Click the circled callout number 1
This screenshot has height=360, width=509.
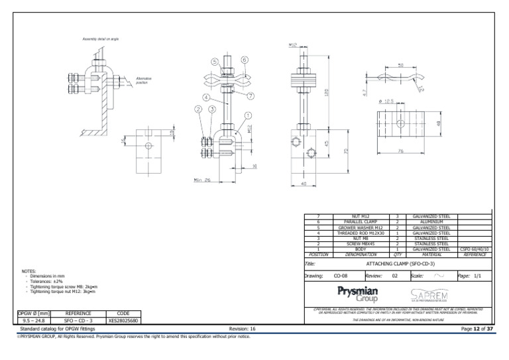pos(248,114)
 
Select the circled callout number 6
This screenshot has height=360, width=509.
pos(245,60)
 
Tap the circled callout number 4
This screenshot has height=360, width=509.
pos(206,97)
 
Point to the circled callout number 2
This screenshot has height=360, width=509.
pos(197,109)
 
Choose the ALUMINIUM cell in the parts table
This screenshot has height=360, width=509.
pos(431,222)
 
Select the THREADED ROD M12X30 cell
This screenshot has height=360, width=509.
pos(361,233)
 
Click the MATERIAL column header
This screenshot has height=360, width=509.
pos(431,254)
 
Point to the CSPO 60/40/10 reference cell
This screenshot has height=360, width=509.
pos(475,249)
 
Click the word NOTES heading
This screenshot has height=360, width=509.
pos(28,271)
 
